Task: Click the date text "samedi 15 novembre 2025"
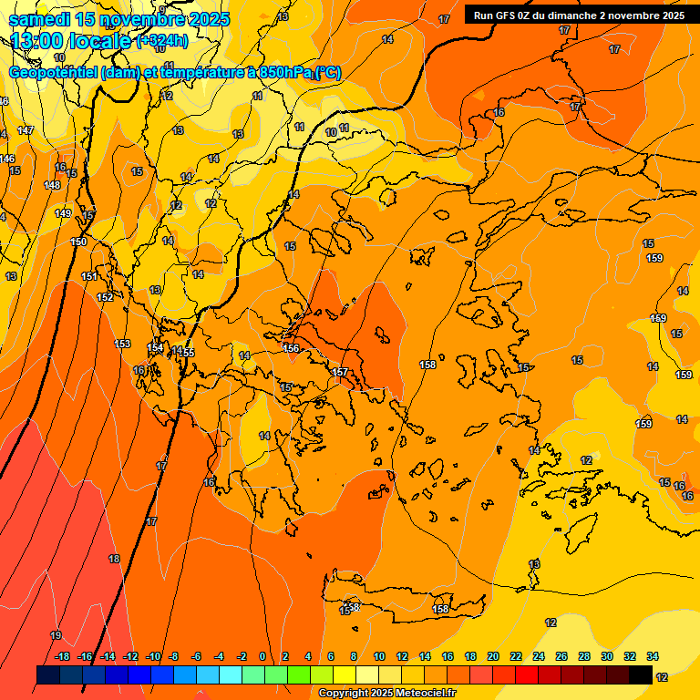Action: (118, 19)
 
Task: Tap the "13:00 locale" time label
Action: (71, 41)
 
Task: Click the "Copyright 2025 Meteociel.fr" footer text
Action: (387, 694)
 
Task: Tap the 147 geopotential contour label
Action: (26, 130)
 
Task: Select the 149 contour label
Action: (63, 213)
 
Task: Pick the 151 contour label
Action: (89, 276)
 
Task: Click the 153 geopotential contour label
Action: (123, 343)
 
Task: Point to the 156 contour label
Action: (292, 348)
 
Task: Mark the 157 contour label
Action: (340, 372)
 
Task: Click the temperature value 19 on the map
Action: (56, 635)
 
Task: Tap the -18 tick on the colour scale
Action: (63, 656)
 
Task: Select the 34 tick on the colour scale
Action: (653, 656)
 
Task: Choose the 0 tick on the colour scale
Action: (262, 656)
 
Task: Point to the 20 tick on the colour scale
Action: (493, 656)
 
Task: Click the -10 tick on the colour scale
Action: (153, 656)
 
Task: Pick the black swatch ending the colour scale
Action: (641, 675)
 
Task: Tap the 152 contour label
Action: (105, 297)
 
